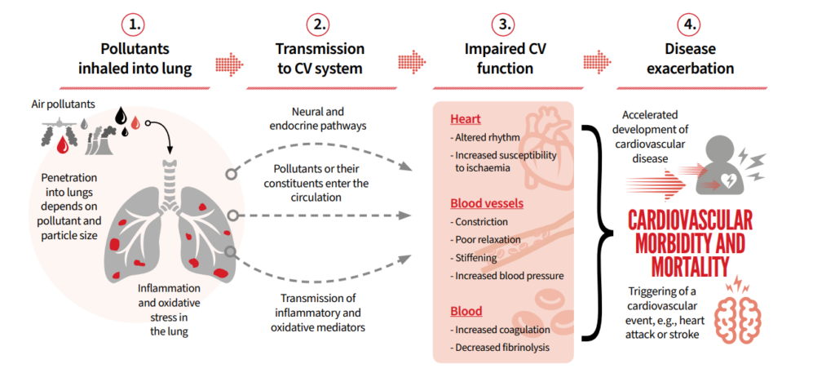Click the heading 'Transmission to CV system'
tap(315, 60)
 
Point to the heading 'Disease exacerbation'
tap(690, 60)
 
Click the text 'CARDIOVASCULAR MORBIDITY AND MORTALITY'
tap(691, 243)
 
